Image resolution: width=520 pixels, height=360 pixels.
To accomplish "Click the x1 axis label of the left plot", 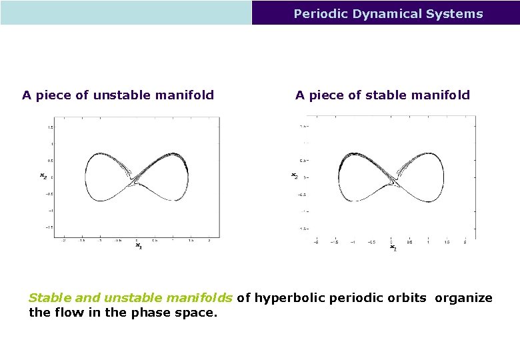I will pyautogui.click(x=139, y=246).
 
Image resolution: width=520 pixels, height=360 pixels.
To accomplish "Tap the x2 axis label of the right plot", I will pyautogui.click(x=295, y=175).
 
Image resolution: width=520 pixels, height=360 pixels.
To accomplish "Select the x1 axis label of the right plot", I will pyautogui.click(x=393, y=248).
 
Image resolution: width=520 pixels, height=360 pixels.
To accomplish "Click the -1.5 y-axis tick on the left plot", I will pyautogui.click(x=49, y=227).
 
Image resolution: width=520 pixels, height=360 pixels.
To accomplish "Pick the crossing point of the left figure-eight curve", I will pyautogui.click(x=137, y=179).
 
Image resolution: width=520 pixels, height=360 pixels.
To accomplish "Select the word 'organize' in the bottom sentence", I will pyautogui.click(x=464, y=298).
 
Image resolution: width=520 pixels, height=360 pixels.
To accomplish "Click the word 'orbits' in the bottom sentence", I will pyautogui.click(x=407, y=298).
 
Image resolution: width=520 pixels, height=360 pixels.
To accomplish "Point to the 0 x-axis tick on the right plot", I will pyautogui.click(x=391, y=242).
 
